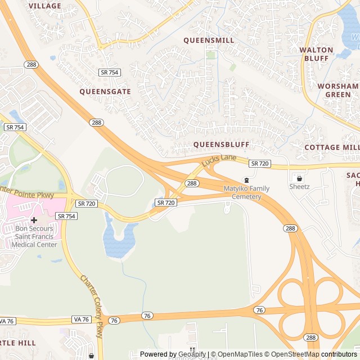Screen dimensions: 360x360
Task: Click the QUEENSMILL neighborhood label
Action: pos(209,40)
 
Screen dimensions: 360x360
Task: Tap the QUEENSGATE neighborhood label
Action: pos(105,91)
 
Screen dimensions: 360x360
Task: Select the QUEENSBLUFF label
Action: pos(221,145)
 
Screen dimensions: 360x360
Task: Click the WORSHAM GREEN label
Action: pos(337,90)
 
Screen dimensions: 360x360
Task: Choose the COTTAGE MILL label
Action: pos(331,147)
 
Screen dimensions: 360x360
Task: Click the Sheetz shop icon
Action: pos(299,177)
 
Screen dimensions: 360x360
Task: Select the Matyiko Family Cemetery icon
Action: pos(246,180)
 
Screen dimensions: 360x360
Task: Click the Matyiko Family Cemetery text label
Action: pos(246,192)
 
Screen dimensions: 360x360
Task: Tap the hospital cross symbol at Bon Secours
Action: pos(34,220)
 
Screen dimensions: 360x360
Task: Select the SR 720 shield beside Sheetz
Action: pos(260,164)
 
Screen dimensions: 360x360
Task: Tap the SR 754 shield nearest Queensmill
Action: pos(109,73)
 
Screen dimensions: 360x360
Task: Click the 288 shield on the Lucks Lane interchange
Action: pos(192,183)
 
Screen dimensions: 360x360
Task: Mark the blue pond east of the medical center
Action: pos(119,239)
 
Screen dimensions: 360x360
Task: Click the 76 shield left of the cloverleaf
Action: pos(259,310)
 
